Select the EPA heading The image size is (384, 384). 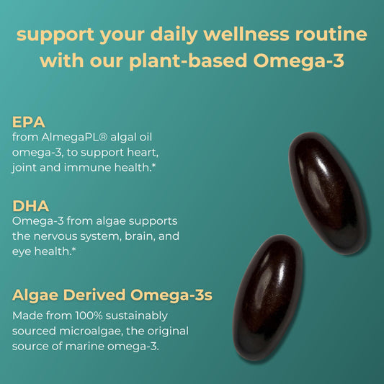point(29,121)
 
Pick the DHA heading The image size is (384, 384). point(30,205)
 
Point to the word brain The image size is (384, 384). point(137,236)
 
